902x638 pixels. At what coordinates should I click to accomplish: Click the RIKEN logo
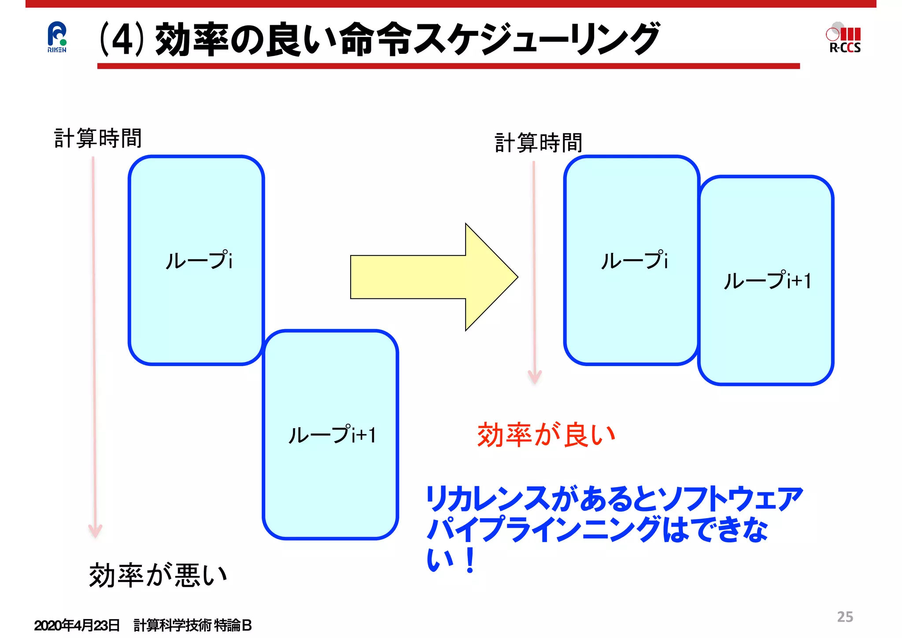57,37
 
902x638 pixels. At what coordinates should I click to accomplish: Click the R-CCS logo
844,38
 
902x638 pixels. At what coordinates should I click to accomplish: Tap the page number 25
845,616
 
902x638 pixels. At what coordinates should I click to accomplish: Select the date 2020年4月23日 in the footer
77,625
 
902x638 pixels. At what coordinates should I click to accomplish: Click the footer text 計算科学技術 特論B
192,625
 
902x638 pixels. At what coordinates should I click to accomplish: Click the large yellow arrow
434,277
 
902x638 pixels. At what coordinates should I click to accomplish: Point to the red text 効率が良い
546,434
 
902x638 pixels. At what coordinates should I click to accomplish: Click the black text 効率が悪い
158,575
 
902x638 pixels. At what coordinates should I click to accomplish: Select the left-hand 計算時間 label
98,138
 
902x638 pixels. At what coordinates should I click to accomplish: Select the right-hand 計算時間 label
538,143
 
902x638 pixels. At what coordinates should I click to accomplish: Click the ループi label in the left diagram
199,260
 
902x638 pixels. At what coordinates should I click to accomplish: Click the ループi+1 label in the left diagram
332,434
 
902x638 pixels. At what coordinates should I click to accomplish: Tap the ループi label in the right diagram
634,260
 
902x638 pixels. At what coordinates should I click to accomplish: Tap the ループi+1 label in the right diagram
767,280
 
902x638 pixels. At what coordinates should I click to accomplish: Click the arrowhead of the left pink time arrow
95,530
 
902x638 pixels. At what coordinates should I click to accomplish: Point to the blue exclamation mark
470,560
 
